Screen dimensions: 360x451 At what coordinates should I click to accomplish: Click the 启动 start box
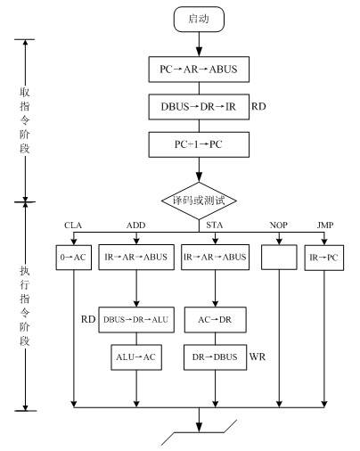coord(199,19)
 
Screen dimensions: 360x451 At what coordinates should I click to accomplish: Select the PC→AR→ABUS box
coord(199,70)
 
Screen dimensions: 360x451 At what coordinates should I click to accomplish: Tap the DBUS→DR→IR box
coord(199,107)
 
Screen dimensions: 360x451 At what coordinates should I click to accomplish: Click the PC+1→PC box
coord(199,144)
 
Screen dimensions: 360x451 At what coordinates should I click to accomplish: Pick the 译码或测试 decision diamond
coord(199,201)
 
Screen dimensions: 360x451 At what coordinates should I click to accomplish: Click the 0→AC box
coord(74,258)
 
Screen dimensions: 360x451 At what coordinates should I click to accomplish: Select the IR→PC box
coord(324,258)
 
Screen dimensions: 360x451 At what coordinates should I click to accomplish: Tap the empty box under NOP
coord(279,257)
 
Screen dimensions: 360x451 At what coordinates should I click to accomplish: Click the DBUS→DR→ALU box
coord(136,320)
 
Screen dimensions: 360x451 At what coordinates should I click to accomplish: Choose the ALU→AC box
coord(136,357)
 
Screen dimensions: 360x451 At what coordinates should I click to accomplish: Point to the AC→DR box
coord(215,320)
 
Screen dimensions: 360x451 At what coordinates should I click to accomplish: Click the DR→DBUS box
coord(215,357)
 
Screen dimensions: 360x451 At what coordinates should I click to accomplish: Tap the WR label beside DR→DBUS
coord(258,357)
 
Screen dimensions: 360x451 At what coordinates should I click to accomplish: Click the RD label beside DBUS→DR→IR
coord(258,106)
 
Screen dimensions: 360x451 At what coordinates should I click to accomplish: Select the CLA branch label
coord(73,225)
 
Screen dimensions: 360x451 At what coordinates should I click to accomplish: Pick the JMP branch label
coord(325,225)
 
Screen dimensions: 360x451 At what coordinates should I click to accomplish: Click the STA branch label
coord(215,225)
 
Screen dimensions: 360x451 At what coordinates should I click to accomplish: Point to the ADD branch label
coord(136,225)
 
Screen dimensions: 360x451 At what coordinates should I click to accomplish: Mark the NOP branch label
coord(279,225)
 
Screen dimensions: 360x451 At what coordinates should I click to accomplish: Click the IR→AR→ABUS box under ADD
coord(136,257)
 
